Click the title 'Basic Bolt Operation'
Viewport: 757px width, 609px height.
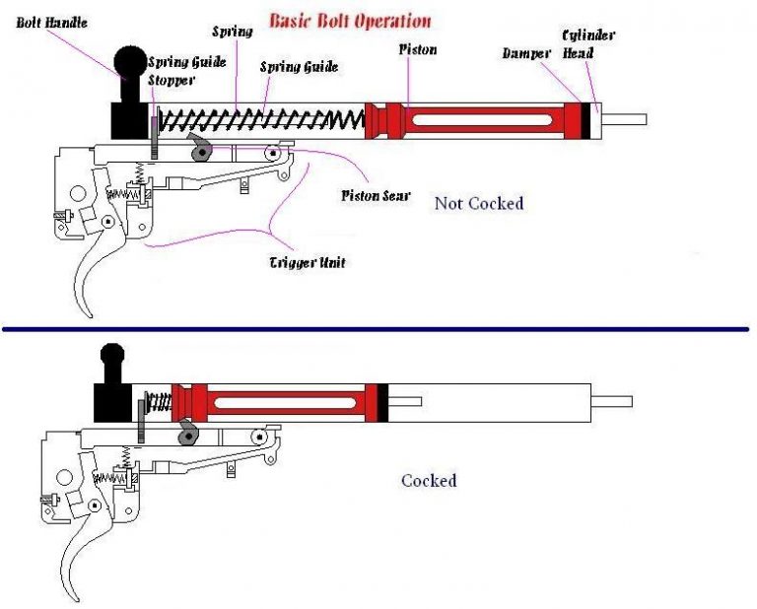[350, 20]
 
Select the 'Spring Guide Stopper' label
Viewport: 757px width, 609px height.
[186, 71]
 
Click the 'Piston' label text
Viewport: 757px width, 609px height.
[418, 48]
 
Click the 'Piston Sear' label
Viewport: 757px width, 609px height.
[376, 195]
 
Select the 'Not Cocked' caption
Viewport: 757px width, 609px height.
[478, 203]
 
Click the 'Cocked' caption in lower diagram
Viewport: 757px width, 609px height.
[428, 481]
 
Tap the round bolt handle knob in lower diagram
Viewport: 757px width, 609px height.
[112, 355]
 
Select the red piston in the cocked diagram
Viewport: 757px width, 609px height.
[276, 401]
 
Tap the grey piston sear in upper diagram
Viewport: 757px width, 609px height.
[202, 150]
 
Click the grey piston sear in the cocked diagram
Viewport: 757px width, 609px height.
[188, 433]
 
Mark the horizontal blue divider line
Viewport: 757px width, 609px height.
[378, 329]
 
